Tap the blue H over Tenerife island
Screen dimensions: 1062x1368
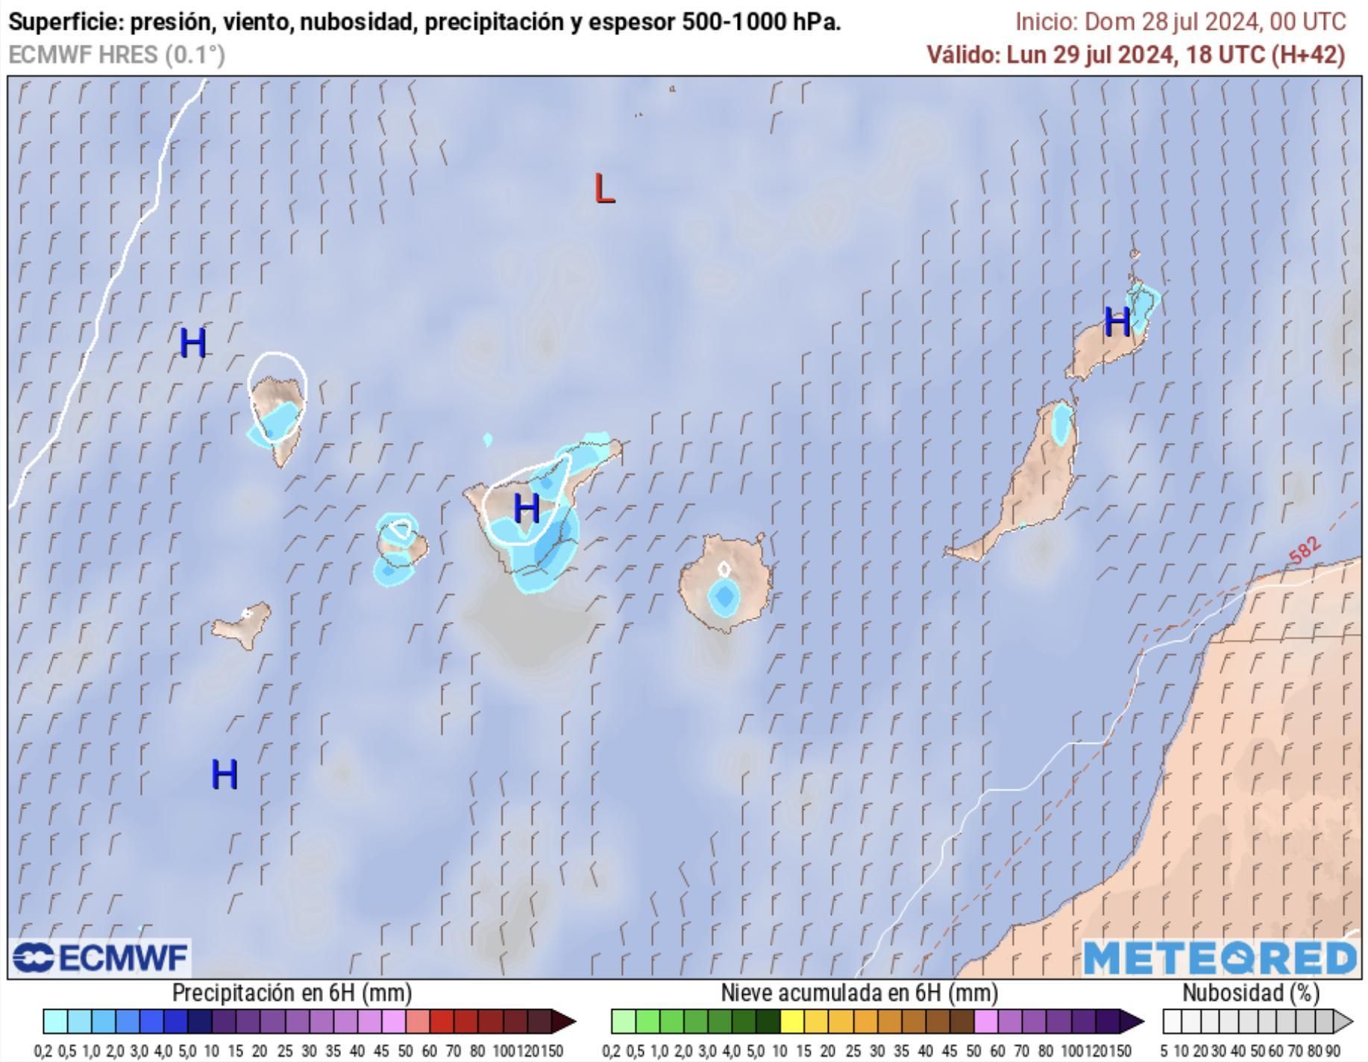[527, 509]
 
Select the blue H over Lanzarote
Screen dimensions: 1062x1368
[1117, 322]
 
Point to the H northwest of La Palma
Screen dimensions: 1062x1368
[192, 343]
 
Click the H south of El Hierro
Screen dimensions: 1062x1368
[225, 774]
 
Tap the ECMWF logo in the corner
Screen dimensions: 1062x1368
[101, 958]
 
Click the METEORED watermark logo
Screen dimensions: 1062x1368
[1220, 958]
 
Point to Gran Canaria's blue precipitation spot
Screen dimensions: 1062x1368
[723, 597]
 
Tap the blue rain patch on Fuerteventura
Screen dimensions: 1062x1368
[1061, 424]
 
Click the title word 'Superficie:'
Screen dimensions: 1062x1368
[66, 22]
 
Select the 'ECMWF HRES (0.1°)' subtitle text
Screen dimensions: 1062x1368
[116, 55]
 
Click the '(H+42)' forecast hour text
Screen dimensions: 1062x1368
[1307, 55]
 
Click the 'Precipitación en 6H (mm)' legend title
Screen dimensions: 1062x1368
[292, 993]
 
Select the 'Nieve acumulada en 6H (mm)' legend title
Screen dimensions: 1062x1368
[859, 993]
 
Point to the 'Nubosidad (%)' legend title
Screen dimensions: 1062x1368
[1251, 993]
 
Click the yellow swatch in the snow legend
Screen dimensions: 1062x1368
[791, 1021]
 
